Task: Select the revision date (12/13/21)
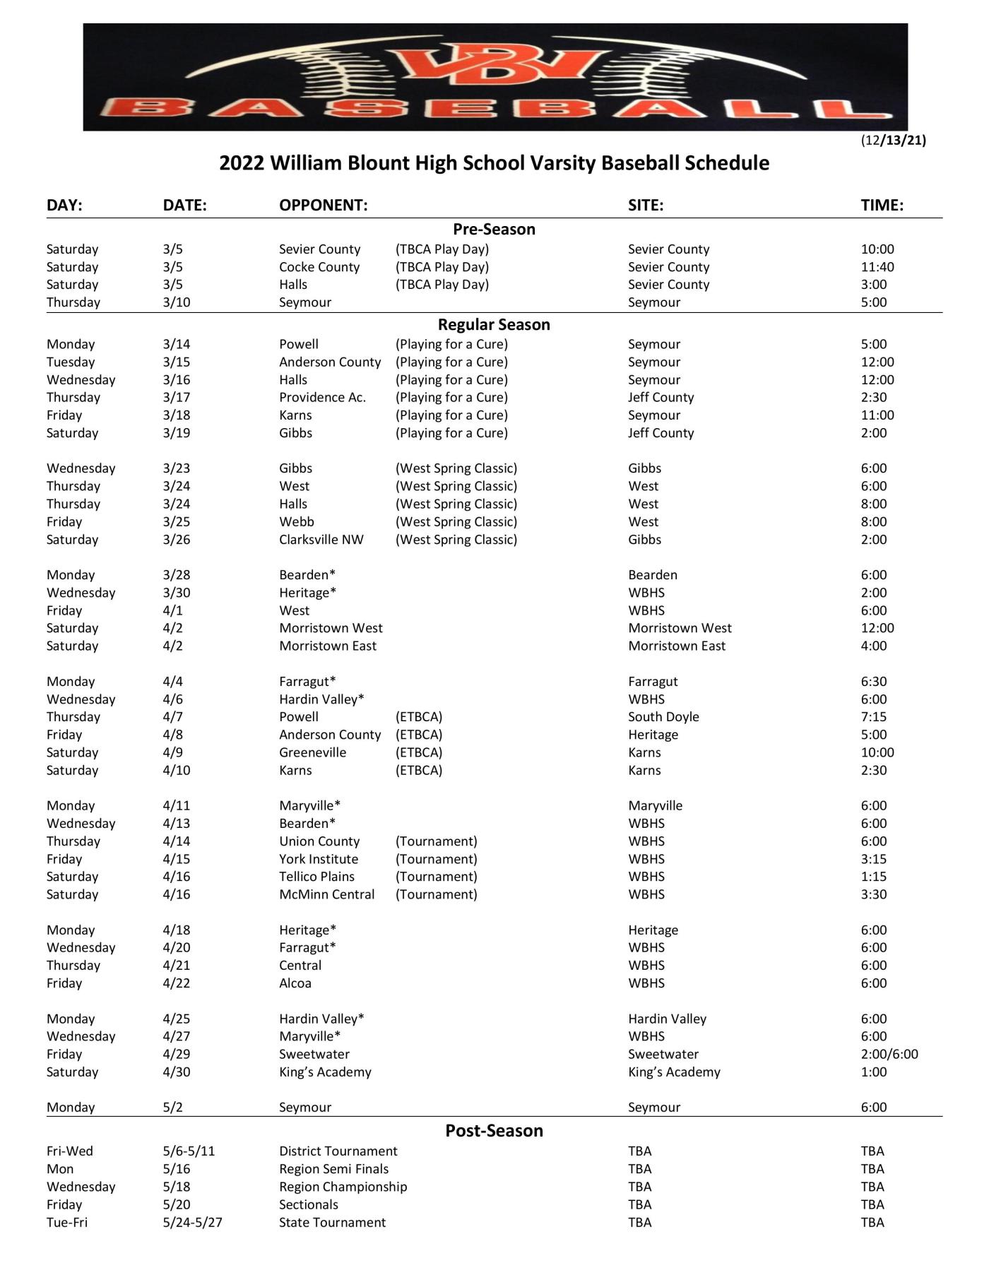pos(893,140)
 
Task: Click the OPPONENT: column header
pos(323,206)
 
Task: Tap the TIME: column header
pos(882,206)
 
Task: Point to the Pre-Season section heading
pos(494,230)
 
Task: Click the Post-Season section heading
pos(494,1130)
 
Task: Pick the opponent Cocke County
pos(319,267)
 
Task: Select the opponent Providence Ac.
pos(322,398)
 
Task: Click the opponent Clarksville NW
pos(321,540)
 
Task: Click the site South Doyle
pos(663,717)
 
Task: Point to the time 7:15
pos(873,717)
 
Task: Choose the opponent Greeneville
pos(312,752)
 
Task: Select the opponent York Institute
pos(319,859)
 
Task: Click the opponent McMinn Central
pos(326,894)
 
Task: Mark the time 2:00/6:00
pos(889,1054)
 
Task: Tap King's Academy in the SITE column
pos(674,1072)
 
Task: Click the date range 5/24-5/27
pos(192,1222)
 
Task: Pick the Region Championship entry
pos(343,1187)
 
